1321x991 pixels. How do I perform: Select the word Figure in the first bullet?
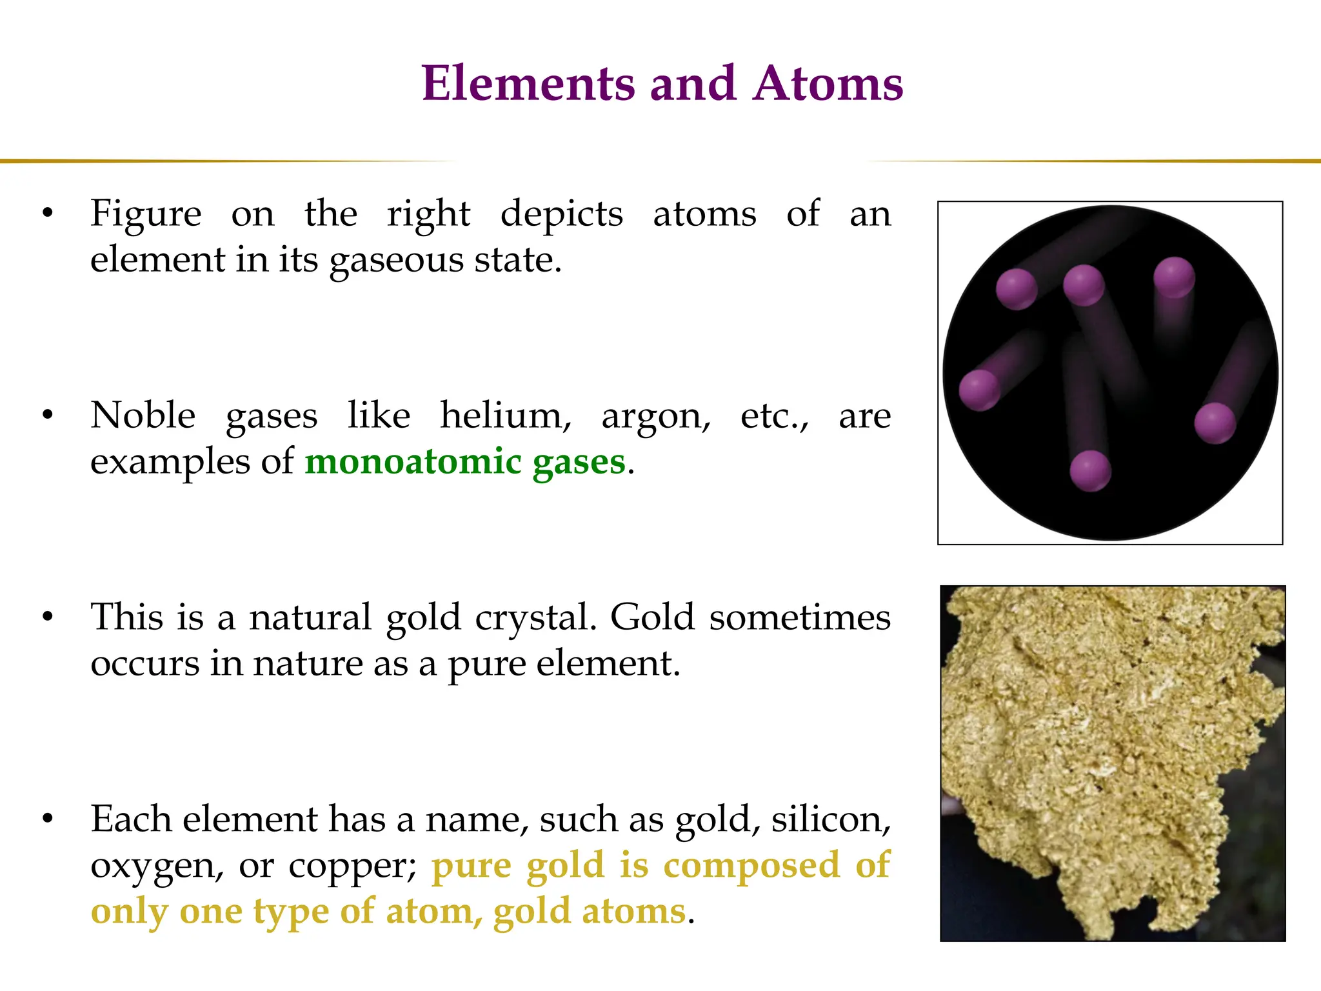pos(146,214)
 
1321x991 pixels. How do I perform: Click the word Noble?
pos(143,415)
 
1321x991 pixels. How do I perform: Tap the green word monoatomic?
pos(413,461)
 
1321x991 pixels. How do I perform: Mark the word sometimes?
pos(800,617)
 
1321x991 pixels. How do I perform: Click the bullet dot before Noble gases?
pos(47,415)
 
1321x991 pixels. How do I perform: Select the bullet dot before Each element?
pos(47,819)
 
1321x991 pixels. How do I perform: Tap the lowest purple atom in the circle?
pos(1090,471)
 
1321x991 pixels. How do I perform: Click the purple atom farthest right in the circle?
pos(1215,423)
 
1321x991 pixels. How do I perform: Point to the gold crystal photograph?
pos(1112,763)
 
